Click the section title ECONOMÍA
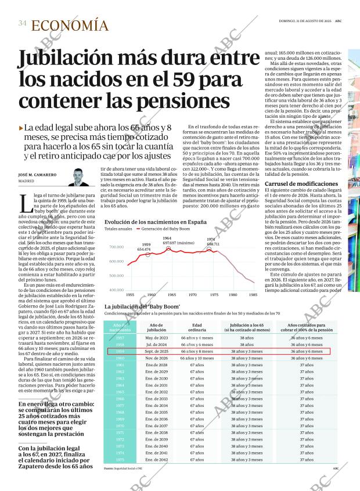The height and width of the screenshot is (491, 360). coord(70,26)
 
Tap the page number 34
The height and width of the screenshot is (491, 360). coord(22,24)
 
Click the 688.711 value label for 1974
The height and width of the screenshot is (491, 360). coord(213,244)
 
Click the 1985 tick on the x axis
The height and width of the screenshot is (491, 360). coord(253,294)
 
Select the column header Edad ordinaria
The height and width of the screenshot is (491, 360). coord(197,328)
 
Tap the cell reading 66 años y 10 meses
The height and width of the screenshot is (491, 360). coord(197,358)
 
